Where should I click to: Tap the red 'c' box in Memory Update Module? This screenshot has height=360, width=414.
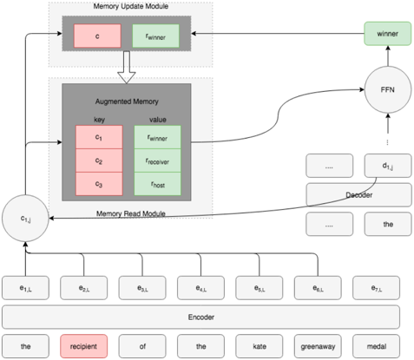pos(98,36)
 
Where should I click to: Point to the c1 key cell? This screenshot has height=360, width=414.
pos(98,136)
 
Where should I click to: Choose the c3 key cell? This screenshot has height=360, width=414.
pos(98,184)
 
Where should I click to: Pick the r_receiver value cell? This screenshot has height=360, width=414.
pos(156,160)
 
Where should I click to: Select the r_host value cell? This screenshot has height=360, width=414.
pos(156,184)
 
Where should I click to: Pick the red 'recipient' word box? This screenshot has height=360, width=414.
pos(84,346)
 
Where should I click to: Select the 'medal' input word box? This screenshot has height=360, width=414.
pos(377,346)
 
